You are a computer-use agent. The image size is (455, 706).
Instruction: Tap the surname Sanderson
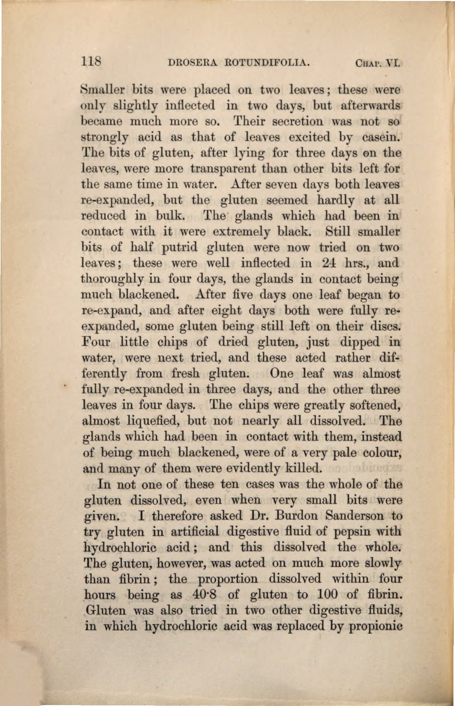351,515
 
